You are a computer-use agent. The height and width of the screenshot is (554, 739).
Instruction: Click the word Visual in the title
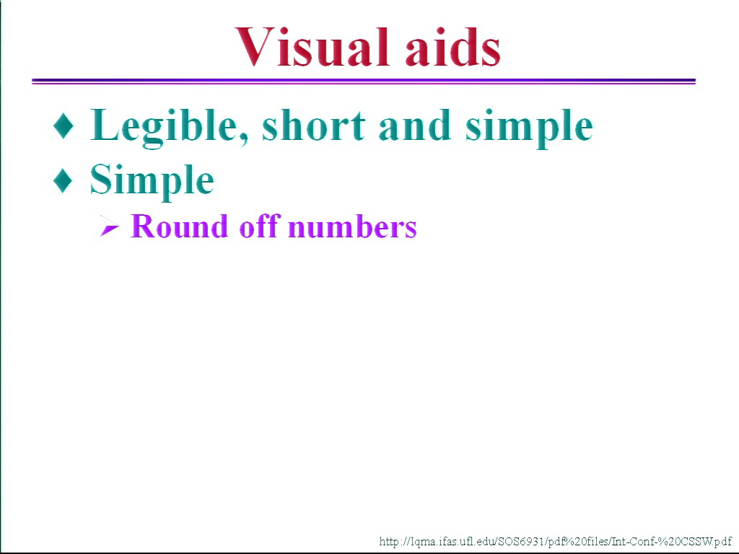click(312, 47)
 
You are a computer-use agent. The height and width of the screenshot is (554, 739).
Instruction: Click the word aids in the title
click(453, 47)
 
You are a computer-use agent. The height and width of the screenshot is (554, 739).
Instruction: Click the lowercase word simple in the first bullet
click(529, 127)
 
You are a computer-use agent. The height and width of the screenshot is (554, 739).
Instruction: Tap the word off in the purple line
click(260, 226)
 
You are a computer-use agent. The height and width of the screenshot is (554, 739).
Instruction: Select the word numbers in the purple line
click(352, 227)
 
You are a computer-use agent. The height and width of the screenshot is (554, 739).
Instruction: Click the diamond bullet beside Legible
click(64, 126)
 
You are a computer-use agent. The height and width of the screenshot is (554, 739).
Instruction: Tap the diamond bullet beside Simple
click(64, 180)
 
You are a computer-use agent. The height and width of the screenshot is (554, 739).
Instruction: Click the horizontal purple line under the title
click(364, 81)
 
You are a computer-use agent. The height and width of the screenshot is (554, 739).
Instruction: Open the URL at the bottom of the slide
click(555, 541)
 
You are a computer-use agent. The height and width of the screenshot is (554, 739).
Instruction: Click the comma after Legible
click(243, 138)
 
